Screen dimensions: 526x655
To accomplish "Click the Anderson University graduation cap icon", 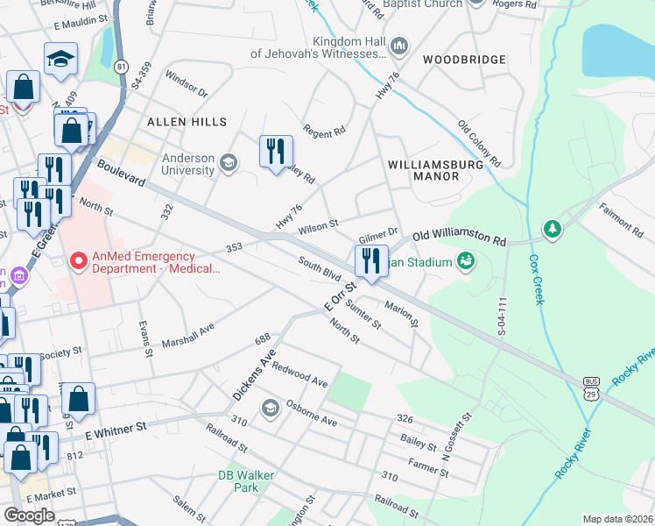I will point(228,163).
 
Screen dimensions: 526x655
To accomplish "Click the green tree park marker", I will point(552,230).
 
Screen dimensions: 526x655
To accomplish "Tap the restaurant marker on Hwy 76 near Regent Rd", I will point(276,151).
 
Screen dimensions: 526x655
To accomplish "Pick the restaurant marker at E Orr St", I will point(370,261).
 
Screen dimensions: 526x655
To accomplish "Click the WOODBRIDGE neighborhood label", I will point(464,60).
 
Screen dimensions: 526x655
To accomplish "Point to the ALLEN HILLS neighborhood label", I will point(187,122).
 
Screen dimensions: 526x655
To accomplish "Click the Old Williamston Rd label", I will point(459,238).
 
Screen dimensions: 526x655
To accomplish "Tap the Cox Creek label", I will point(535,280).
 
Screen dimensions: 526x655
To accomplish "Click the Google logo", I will point(30,515).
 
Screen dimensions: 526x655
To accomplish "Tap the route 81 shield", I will point(121,68).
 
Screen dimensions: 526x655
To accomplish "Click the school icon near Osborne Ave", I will point(271,407).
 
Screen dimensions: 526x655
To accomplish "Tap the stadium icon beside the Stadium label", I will point(465,261).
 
